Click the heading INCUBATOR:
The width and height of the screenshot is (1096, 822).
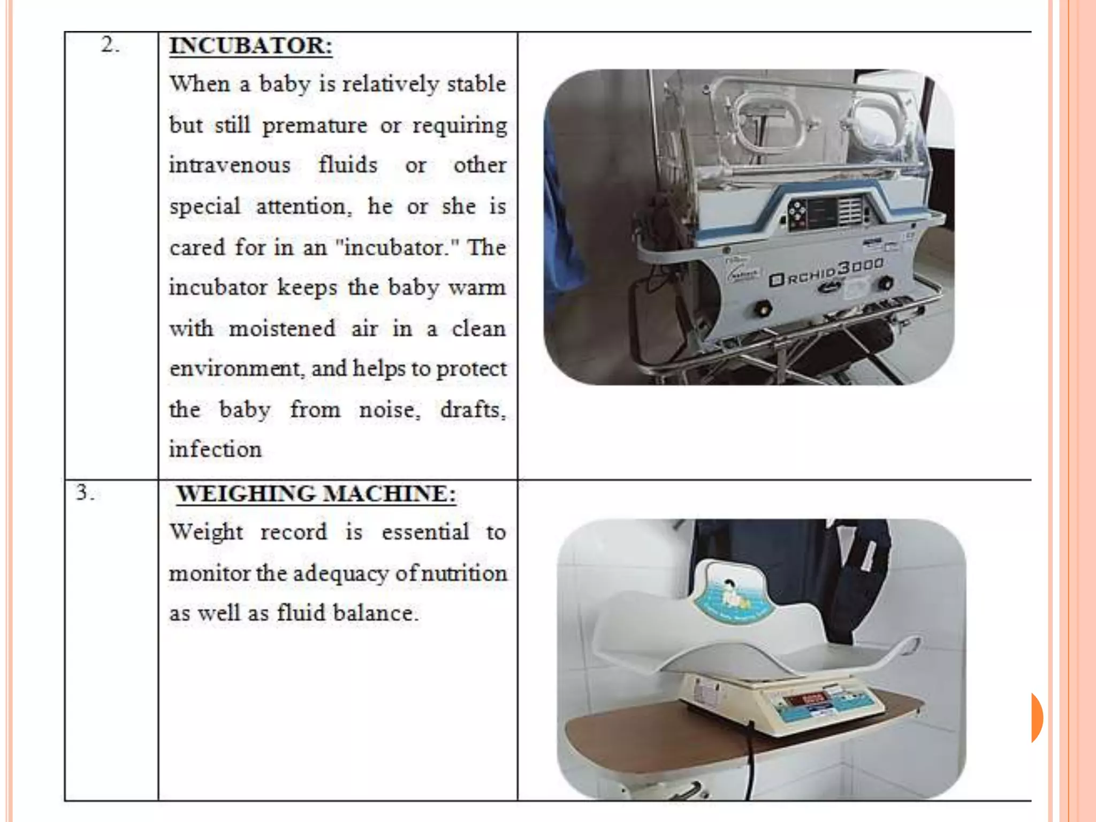(250, 45)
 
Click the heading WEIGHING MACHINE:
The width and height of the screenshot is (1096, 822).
(316, 493)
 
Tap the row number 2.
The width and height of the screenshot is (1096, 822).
(110, 45)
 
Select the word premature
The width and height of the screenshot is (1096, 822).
(315, 126)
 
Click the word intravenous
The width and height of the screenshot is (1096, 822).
(230, 165)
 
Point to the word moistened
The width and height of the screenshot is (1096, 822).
(282, 328)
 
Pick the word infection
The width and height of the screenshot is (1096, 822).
(215, 449)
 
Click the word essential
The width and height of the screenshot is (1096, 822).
(425, 532)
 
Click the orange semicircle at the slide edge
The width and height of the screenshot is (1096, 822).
(1037, 717)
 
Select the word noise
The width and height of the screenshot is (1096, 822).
(389, 410)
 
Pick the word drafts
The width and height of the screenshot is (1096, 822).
(472, 410)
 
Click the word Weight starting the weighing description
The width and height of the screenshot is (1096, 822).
(206, 532)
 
